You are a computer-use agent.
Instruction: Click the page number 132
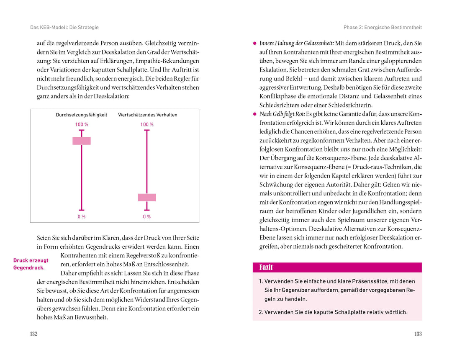pyautogui.click(x=34, y=334)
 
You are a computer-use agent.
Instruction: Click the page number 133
pyautogui.click(x=418, y=334)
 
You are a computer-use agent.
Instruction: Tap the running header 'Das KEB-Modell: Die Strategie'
pyautogui.click(x=64, y=28)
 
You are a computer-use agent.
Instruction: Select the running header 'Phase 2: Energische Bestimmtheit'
pyautogui.click(x=383, y=28)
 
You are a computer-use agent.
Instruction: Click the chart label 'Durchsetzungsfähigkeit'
pyautogui.click(x=82, y=115)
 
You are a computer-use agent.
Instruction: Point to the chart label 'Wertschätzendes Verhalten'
pyautogui.click(x=148, y=115)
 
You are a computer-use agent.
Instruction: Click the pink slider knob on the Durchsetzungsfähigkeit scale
pyautogui.click(x=82, y=141)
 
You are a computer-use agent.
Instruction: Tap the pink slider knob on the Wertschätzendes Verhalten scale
pyautogui.click(x=147, y=198)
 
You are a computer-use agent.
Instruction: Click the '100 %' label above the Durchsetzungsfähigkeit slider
pyautogui.click(x=82, y=125)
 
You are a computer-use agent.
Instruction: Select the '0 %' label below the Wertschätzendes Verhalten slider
pyautogui.click(x=147, y=217)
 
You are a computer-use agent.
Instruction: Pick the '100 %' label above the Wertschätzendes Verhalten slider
pyautogui.click(x=147, y=125)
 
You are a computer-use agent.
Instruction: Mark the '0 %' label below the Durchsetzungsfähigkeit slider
pyautogui.click(x=82, y=217)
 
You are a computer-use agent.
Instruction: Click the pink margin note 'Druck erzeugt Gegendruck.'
pyautogui.click(x=31, y=264)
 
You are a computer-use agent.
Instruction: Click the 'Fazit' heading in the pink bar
pyautogui.click(x=266, y=267)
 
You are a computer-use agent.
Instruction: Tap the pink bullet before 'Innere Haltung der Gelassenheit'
pyautogui.click(x=254, y=44)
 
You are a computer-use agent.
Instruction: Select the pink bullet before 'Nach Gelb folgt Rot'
pyautogui.click(x=254, y=114)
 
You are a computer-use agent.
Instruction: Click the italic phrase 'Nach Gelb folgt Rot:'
pyautogui.click(x=282, y=114)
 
